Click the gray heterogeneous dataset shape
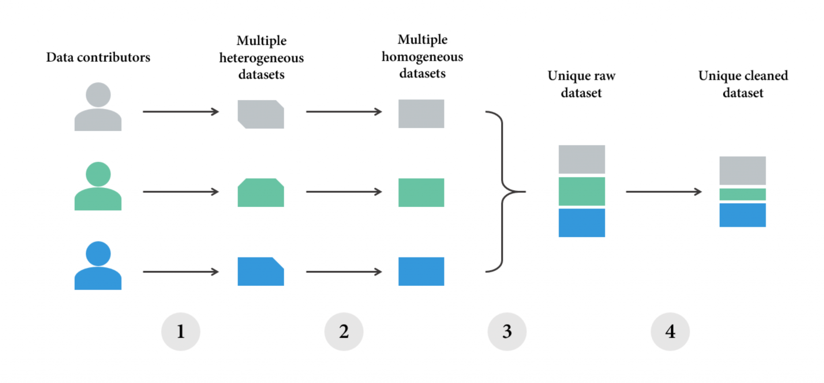(261, 114)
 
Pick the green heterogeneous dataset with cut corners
(261, 193)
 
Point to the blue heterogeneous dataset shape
(261, 272)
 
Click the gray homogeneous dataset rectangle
(421, 114)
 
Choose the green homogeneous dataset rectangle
(421, 193)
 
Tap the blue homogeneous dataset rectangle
(421, 272)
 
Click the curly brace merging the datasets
(503, 191)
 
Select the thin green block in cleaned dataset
(742, 194)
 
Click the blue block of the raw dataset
(581, 223)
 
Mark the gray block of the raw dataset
(581, 159)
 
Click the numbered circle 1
(181, 332)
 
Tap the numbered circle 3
(507, 332)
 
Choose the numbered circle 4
(670, 332)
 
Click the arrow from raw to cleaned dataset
(664, 192)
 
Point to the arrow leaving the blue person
(181, 272)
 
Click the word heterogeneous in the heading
(262, 58)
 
